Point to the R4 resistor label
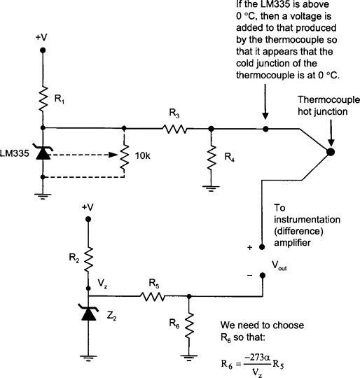(230, 157)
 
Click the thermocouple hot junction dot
(331, 152)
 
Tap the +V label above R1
(42, 33)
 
